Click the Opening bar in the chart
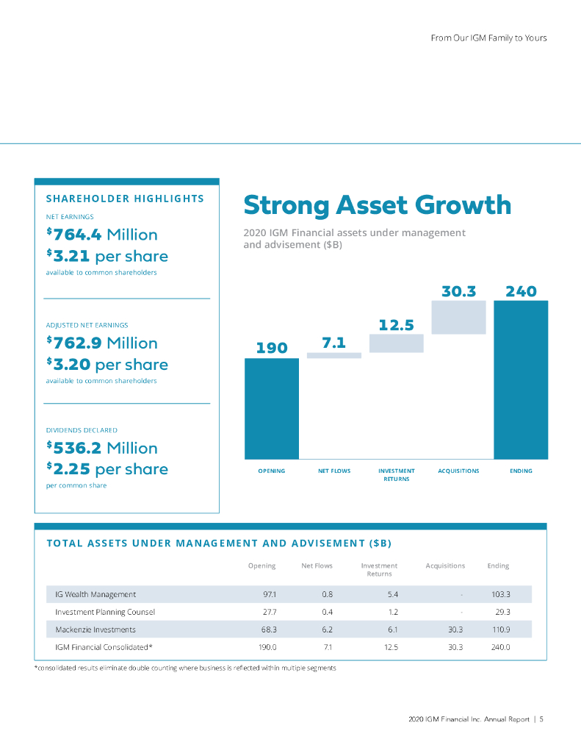click(272, 408)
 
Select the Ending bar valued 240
click(521, 379)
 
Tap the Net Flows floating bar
click(334, 355)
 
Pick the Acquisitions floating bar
click(459, 317)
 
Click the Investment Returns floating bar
click(397, 343)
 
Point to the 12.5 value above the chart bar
click(397, 324)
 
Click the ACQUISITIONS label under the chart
click(458, 471)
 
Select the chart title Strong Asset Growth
click(377, 205)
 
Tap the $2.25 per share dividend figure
click(107, 469)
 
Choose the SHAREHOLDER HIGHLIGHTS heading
click(125, 199)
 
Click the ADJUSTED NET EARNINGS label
click(86, 324)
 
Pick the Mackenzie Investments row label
click(95, 629)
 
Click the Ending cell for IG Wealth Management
click(500, 594)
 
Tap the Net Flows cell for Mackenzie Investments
click(328, 629)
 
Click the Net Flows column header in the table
click(317, 565)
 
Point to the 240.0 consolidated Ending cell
click(500, 647)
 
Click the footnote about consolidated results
click(186, 667)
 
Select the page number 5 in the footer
click(541, 719)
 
